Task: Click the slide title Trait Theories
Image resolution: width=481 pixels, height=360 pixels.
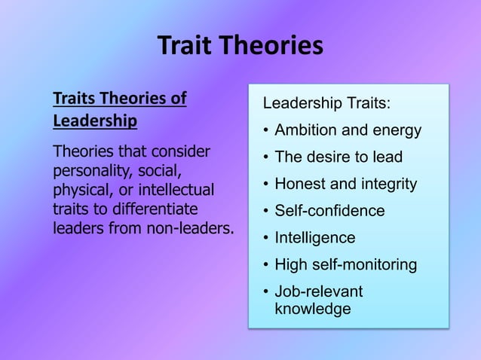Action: tap(240, 47)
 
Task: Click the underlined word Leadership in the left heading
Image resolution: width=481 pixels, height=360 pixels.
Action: tap(95, 121)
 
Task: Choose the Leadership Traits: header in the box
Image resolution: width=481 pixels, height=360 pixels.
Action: tap(326, 103)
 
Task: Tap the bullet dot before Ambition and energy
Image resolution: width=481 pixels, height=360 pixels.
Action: tap(266, 130)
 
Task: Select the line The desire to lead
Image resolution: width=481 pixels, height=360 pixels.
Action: tap(339, 157)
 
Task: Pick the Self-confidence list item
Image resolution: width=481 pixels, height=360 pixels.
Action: tap(329, 211)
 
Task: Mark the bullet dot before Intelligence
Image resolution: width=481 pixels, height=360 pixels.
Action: tap(266, 238)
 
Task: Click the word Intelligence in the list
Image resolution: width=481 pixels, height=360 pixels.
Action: tap(314, 238)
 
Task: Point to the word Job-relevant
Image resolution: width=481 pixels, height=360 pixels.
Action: tap(318, 291)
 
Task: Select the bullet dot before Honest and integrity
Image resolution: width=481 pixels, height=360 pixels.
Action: tap(266, 184)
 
